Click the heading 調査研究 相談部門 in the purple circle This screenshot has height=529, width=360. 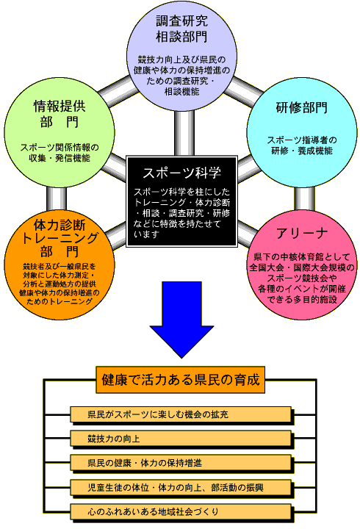[181, 29]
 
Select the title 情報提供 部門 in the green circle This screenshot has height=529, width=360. [60, 114]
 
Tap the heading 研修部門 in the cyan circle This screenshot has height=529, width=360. [302, 107]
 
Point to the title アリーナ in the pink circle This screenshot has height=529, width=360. [302, 233]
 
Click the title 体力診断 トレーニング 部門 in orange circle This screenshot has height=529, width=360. [60, 238]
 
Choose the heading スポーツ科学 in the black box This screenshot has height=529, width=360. [181, 173]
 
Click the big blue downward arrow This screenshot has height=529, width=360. [181, 320]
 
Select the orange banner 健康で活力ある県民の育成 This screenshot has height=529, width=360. [180, 380]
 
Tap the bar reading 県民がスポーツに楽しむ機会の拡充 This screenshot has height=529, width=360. [181, 414]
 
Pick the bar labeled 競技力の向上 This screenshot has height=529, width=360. [181, 439]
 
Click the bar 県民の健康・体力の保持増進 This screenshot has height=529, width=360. [181, 463]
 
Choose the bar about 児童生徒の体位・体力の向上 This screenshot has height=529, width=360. [181, 488]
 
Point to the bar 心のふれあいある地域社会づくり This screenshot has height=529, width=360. [181, 512]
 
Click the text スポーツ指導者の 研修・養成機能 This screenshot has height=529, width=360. [302, 145]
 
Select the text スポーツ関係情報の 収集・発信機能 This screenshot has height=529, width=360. [60, 153]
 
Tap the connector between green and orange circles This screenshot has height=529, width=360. [57, 199]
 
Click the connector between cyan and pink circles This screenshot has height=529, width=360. [304, 199]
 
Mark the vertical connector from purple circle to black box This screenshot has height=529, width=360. [184, 133]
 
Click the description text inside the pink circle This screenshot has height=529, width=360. [302, 278]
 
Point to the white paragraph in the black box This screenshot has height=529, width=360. [181, 213]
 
